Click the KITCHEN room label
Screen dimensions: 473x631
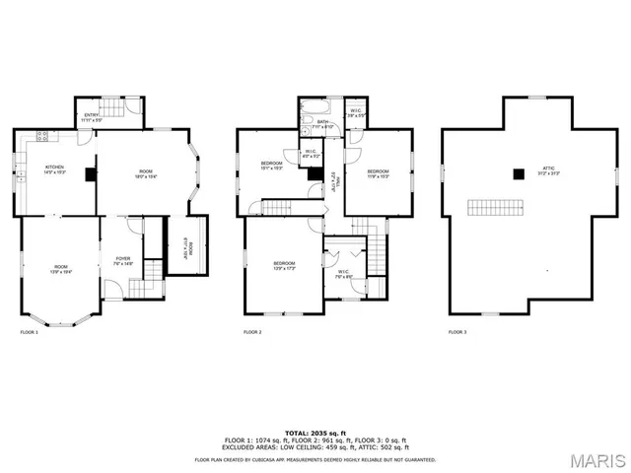pyautogui.click(x=54, y=169)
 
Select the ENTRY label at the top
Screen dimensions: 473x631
pyautogui.click(x=92, y=116)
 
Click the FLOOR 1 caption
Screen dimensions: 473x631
pyautogui.click(x=30, y=332)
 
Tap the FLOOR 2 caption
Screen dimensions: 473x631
pyautogui.click(x=252, y=332)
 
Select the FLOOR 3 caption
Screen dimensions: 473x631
pyautogui.click(x=457, y=332)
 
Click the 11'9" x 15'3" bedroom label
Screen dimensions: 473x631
pyautogui.click(x=379, y=173)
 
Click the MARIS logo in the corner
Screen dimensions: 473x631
pyautogui.click(x=596, y=458)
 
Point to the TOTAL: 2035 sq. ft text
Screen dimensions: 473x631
pyautogui.click(x=315, y=432)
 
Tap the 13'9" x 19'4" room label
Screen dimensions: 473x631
pyautogui.click(x=61, y=268)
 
